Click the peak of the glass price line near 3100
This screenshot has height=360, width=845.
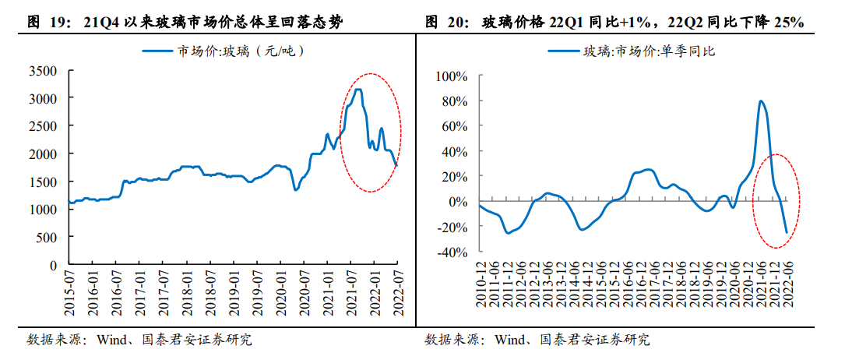tap(357, 90)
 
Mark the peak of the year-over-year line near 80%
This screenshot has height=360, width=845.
tap(761, 101)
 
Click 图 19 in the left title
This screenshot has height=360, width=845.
tap(49, 23)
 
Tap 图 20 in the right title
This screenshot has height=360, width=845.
tap(447, 23)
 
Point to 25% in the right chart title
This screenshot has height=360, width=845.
tap(789, 23)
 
